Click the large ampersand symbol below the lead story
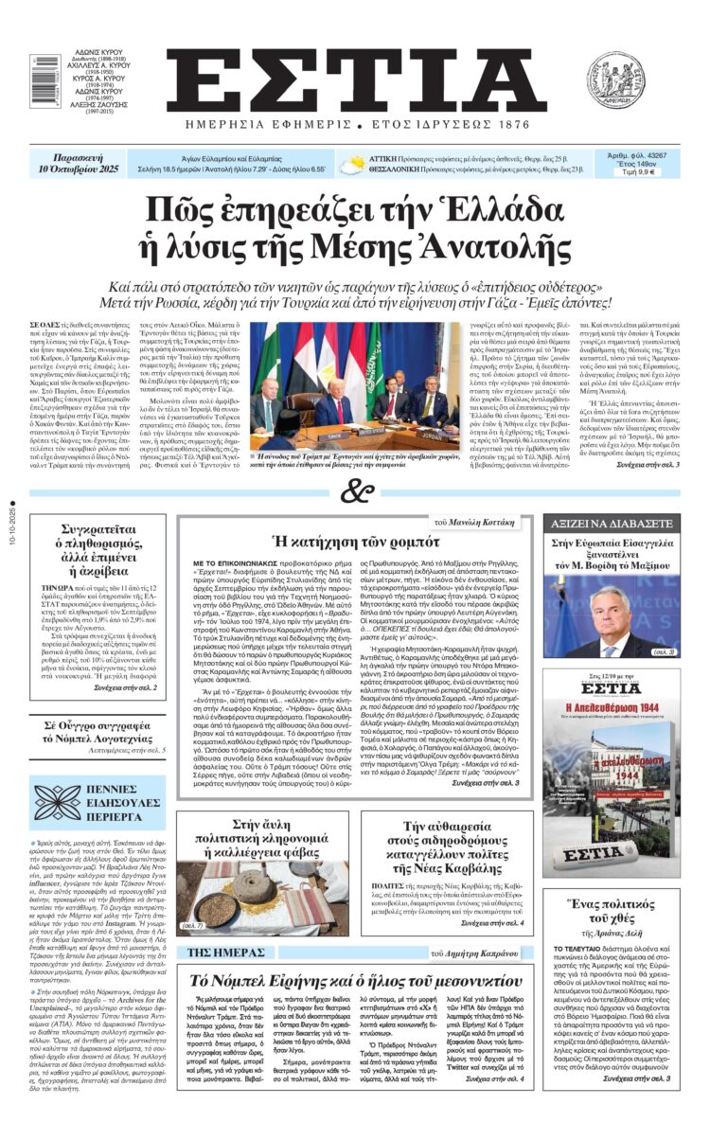click(x=356, y=491)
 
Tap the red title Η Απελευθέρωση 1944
click(x=610, y=709)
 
